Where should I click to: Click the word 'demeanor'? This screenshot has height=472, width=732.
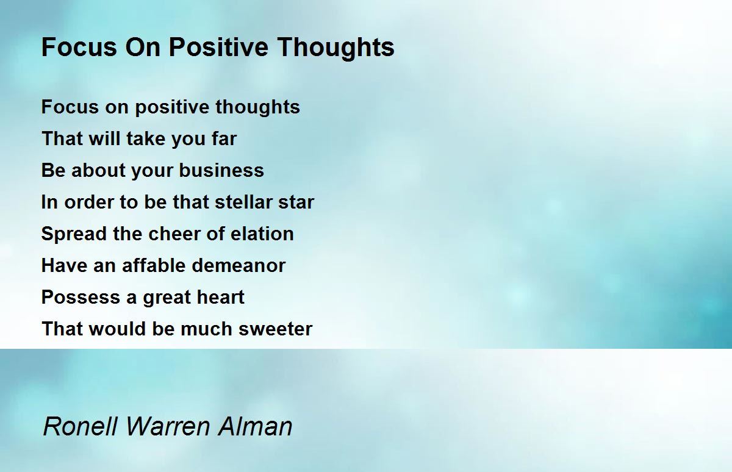(238, 265)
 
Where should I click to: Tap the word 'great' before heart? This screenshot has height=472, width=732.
(167, 297)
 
